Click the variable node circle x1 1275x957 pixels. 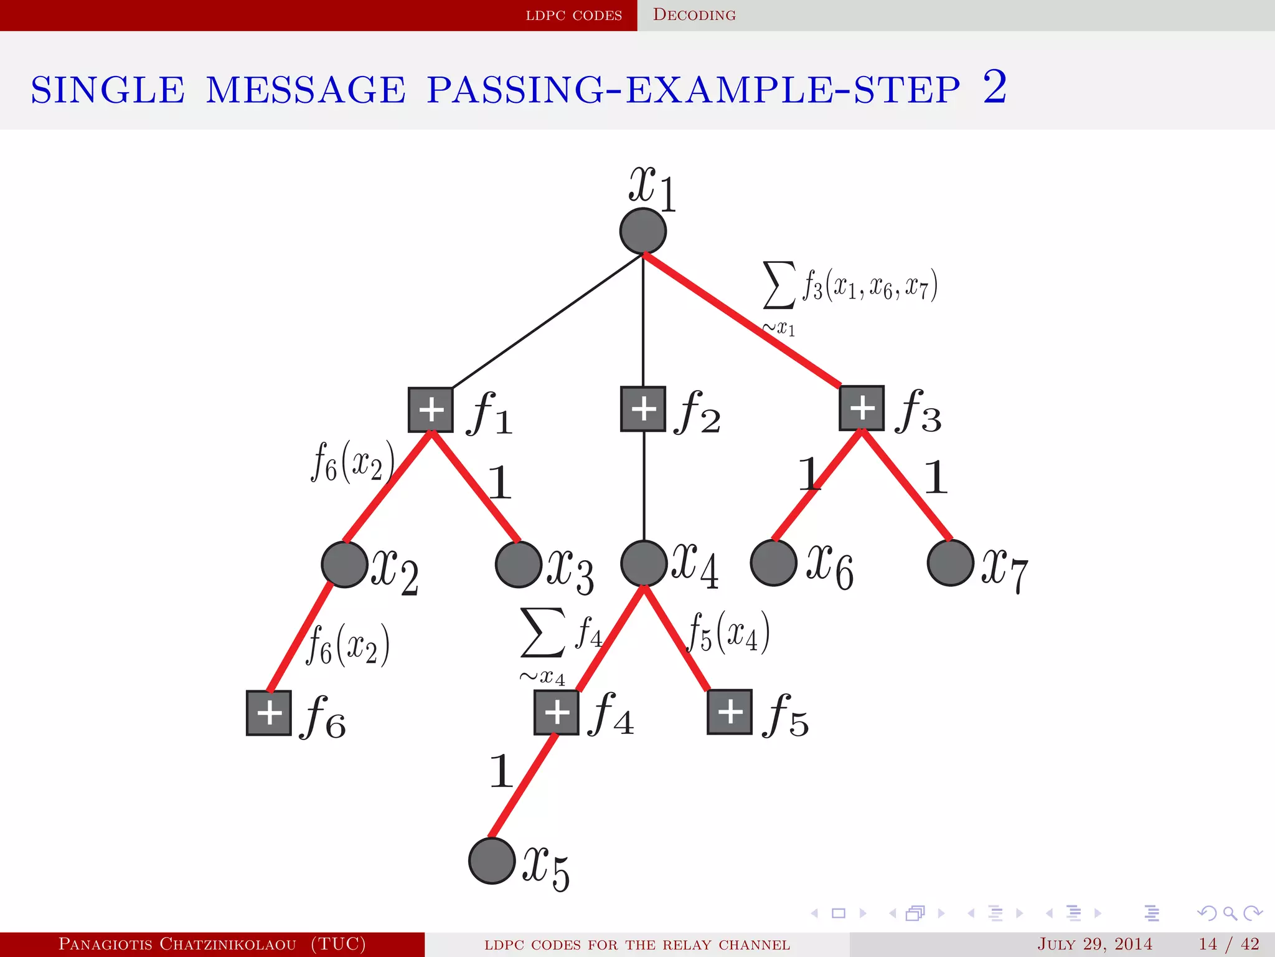pos(643,231)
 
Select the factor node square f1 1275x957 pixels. pos(431,410)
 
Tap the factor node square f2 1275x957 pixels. pos(643,409)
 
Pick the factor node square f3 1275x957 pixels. pos(862,408)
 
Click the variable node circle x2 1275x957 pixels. pos(344,564)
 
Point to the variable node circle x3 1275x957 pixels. pos(518,564)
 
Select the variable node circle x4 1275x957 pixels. pos(644,563)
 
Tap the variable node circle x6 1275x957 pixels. pos(773,563)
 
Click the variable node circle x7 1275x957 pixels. pos(950,563)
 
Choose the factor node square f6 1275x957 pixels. pos(269,713)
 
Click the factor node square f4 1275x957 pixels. pos(557,712)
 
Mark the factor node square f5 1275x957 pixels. pos(730,712)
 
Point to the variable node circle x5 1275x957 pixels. pos(492,860)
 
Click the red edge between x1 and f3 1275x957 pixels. pos(741,319)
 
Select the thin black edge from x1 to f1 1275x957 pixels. pos(548,321)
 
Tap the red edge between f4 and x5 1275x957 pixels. pos(523,786)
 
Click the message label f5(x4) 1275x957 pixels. pos(728,632)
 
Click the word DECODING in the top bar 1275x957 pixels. pos(694,15)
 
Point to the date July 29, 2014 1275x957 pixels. pos(1094,944)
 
